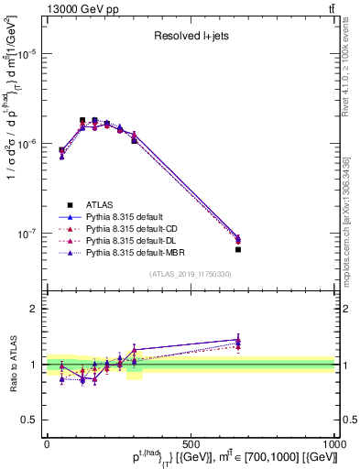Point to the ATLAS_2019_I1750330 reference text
pos(190,274)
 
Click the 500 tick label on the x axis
pos(191,443)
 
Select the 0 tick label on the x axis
pos(47,443)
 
